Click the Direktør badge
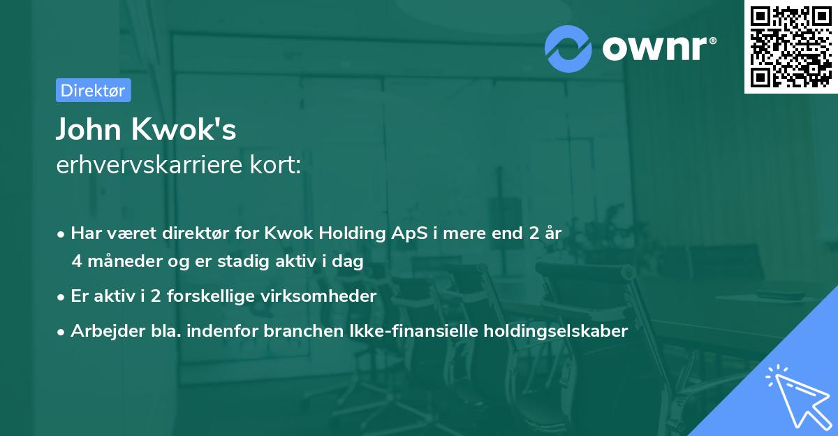pyautogui.click(x=93, y=90)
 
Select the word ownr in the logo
pyautogui.click(x=659, y=49)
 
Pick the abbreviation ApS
pyautogui.click(x=411, y=233)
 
